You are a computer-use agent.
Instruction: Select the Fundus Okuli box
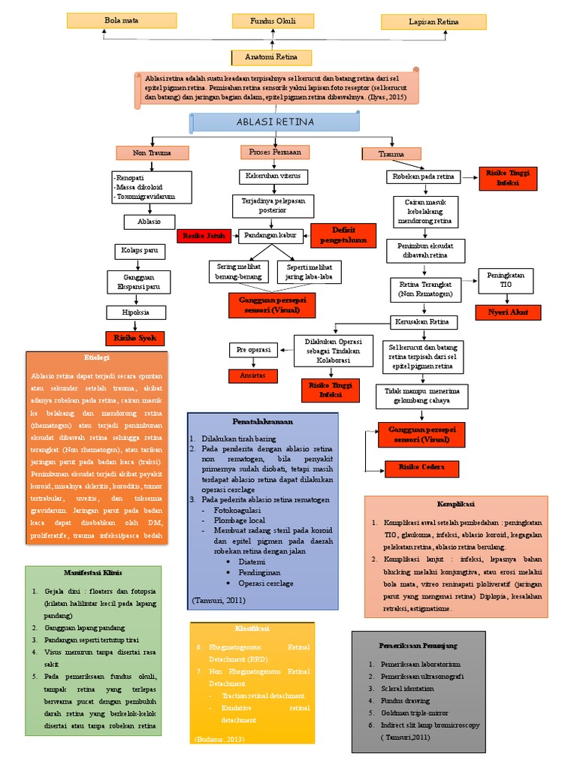272,21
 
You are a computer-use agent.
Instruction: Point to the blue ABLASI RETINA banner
275,122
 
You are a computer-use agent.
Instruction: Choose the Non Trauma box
152,153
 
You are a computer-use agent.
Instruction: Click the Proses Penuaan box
274,152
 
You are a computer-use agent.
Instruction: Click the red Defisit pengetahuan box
343,235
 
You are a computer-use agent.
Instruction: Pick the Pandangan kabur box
268,236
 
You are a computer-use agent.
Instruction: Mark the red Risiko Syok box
135,338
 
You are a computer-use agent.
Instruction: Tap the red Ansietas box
253,375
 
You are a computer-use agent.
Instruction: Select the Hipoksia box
137,312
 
